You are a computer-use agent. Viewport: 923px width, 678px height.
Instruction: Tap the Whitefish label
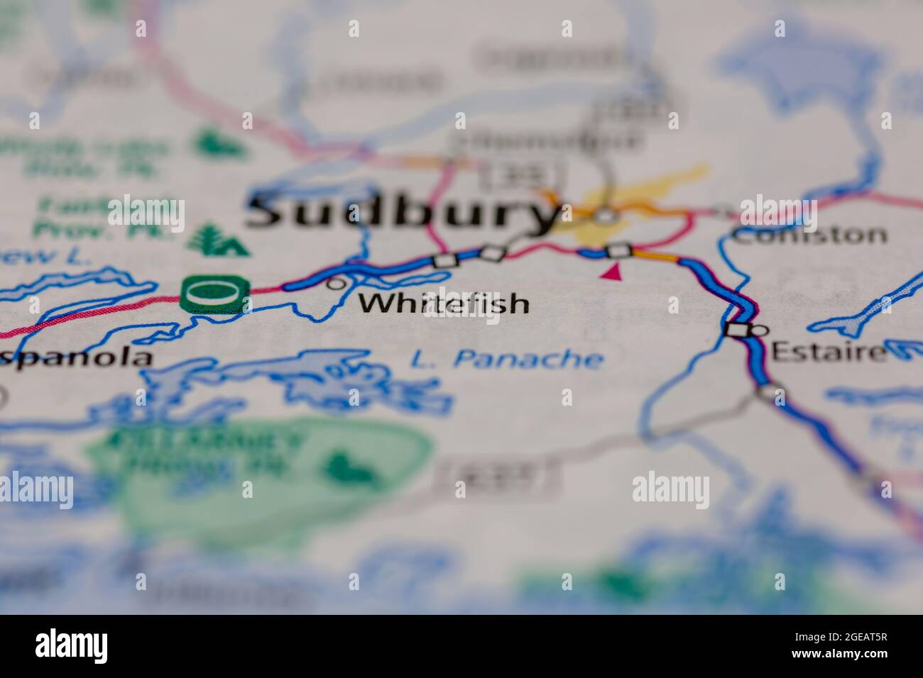click(x=444, y=304)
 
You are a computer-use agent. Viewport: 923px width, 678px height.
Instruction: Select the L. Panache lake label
click(x=507, y=359)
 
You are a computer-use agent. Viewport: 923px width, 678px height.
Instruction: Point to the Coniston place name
click(x=809, y=235)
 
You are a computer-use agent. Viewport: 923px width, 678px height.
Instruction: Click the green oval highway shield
click(x=215, y=293)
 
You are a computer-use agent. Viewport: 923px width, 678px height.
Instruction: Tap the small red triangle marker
click(x=611, y=270)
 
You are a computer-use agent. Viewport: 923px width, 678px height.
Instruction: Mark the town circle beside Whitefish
click(x=336, y=284)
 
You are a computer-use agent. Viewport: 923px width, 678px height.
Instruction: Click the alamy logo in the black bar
click(x=72, y=646)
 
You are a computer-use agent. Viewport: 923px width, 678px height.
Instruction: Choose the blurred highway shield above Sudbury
click(x=522, y=173)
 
